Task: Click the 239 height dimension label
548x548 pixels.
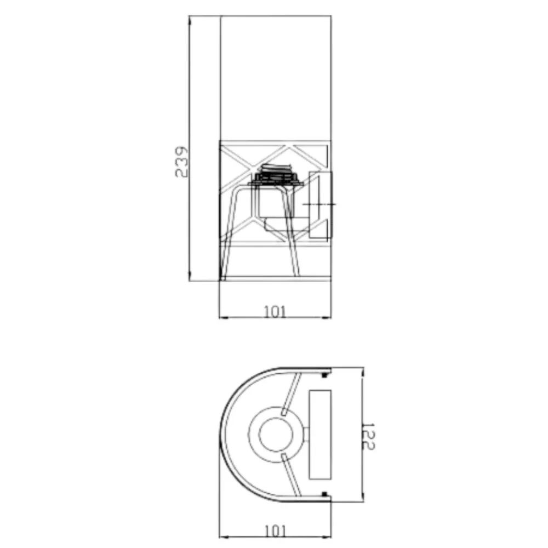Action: pos(181,162)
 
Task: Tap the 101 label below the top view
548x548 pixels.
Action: pos(276,531)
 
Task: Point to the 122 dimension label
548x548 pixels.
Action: pos(369,436)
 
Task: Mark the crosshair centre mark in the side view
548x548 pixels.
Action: pos(319,204)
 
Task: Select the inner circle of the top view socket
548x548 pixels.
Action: pos(276,435)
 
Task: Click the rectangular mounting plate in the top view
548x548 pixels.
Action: pos(320,435)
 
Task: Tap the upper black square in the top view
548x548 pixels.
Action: pos(324,375)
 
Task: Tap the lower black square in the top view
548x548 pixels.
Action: pos(324,494)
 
